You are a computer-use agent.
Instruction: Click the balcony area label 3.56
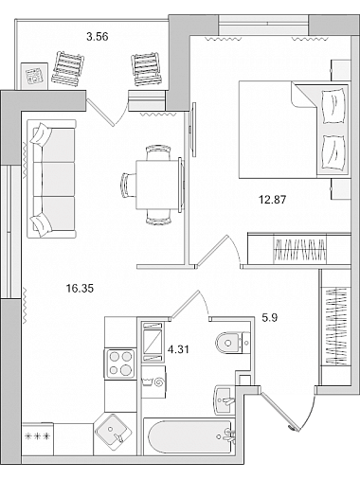pyautogui.click(x=98, y=37)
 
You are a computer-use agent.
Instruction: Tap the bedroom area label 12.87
pyautogui.click(x=273, y=200)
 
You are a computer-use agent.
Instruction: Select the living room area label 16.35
pyautogui.click(x=80, y=288)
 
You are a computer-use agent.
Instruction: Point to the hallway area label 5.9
pyautogui.click(x=270, y=317)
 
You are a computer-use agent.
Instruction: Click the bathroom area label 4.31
pyautogui.click(x=178, y=349)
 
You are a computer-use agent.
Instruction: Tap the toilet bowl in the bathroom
pyautogui.click(x=233, y=343)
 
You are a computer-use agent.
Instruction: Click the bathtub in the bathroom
pyautogui.click(x=189, y=436)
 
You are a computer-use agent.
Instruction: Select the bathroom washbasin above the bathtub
pyautogui.click(x=225, y=400)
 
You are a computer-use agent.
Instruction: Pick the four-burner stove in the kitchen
pyautogui.click(x=120, y=364)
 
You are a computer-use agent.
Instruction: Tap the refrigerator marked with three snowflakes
pyautogui.click(x=38, y=438)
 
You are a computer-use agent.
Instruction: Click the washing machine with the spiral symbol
pyautogui.click(x=153, y=381)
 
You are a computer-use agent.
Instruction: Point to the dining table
pyautogui.click(x=159, y=185)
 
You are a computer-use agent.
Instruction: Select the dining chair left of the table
pyautogui.click(x=128, y=185)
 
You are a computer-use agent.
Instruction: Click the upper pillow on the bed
pyautogui.click(x=333, y=106)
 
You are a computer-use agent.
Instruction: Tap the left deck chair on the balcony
pyautogui.click(x=68, y=68)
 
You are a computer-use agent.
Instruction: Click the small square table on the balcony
pyautogui.click(x=34, y=76)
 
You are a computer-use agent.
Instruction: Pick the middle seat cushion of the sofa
pyautogui.click(x=58, y=179)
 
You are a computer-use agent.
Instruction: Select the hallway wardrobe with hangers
pyautogui.click(x=335, y=327)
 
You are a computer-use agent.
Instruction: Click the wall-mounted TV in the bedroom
pyautogui.click(x=193, y=129)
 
